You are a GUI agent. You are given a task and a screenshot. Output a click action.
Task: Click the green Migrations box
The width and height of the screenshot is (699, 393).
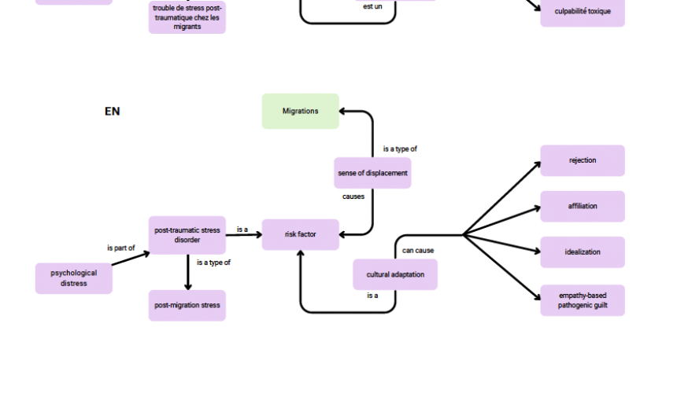300,111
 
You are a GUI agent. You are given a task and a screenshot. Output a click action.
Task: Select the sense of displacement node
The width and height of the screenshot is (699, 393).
372,173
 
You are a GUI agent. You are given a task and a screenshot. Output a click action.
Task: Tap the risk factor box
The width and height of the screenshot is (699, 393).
300,234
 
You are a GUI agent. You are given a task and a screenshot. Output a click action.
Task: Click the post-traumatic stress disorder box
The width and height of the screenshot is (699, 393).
187,235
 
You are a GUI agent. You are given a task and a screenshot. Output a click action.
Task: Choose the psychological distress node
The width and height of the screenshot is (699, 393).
74,278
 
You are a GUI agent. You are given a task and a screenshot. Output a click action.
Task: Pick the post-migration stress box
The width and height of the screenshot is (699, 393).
187,305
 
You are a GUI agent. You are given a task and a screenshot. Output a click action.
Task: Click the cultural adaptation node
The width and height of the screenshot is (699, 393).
395,274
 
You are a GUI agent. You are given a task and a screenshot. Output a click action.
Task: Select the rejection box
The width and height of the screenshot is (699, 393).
582,160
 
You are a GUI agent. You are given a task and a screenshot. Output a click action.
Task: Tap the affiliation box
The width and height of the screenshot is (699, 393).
582,206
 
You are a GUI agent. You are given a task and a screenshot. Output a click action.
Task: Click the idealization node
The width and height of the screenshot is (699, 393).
582,252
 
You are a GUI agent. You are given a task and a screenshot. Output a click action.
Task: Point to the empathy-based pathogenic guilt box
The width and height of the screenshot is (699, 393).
582,300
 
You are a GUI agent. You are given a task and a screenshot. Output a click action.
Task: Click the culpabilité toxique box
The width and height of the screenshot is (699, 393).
582,12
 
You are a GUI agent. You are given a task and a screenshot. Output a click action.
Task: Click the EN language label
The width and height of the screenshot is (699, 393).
112,112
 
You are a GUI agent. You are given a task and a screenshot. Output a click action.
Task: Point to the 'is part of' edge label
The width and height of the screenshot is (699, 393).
120,248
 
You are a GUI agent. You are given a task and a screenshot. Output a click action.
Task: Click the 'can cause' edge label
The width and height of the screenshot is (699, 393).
418,251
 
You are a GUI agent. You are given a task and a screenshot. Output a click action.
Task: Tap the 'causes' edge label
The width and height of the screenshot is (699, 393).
353,196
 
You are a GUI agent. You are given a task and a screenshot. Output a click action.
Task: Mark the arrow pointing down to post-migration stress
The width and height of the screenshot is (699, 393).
187,272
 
